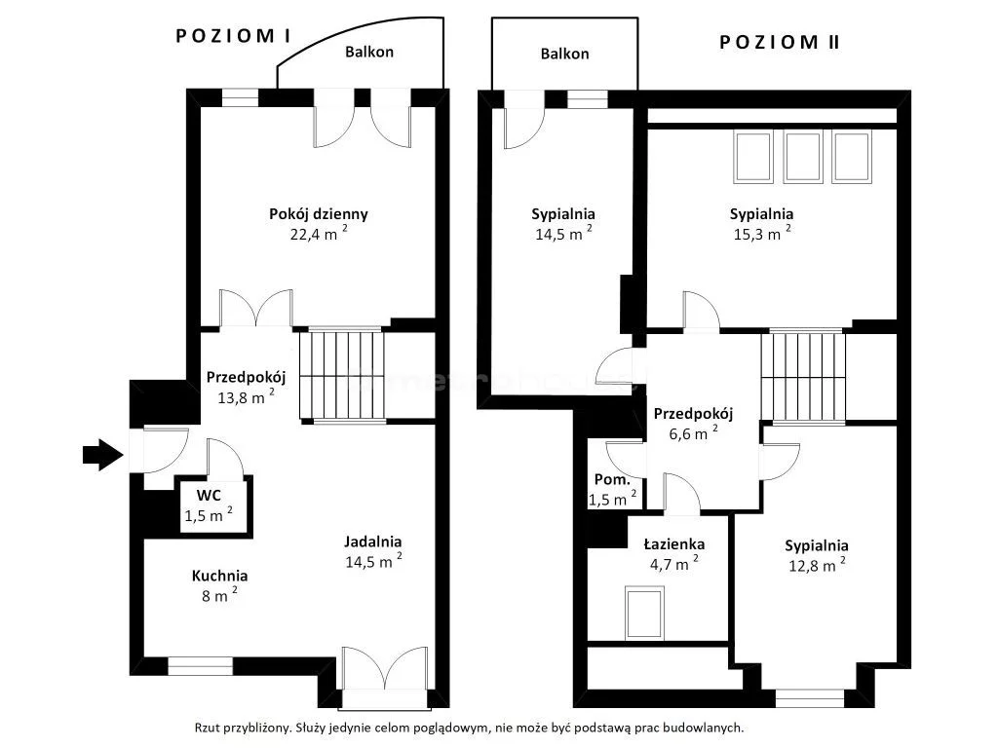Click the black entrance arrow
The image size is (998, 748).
pos(102,455)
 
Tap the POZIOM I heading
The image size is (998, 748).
pos(233,36)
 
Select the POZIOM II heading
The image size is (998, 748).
pos(779,43)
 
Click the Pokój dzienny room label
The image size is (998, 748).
pos(319,213)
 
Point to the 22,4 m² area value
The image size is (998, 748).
pos(319,233)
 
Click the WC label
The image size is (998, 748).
pos(209,496)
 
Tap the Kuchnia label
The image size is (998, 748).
pos(219,576)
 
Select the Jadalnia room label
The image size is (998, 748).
pos(373,542)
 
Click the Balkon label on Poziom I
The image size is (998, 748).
pos(369,53)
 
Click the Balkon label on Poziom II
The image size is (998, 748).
pos(564,55)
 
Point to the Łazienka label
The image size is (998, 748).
pos(674,544)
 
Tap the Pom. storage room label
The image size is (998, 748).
pos(612,479)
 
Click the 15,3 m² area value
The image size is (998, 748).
pos(762,233)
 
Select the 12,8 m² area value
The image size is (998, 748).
pos(818,564)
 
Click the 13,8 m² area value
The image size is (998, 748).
pos(247,397)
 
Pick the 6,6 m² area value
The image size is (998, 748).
pos(693,433)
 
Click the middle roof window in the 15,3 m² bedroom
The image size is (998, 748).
pos(803,157)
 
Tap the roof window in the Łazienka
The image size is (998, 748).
pos(644,614)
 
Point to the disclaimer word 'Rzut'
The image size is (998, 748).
pos(208,728)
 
